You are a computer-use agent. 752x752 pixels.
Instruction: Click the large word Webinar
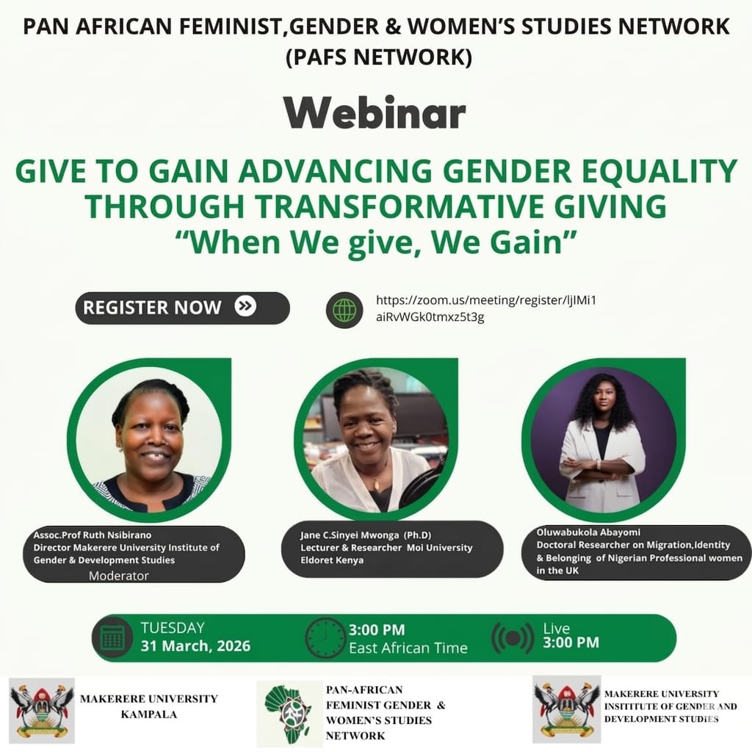pyautogui.click(x=375, y=113)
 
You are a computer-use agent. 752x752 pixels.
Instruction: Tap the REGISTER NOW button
pyautogui.click(x=182, y=308)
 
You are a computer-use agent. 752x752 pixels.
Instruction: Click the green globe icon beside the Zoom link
pyautogui.click(x=344, y=310)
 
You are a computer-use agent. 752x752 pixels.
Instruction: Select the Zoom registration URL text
pyautogui.click(x=491, y=308)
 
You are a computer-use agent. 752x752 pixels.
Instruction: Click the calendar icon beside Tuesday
pyautogui.click(x=112, y=637)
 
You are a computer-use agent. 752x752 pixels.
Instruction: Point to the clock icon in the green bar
pyautogui.click(x=325, y=637)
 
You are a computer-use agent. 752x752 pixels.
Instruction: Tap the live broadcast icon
pyautogui.click(x=512, y=637)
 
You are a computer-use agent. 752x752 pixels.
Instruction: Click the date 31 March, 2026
pyautogui.click(x=195, y=646)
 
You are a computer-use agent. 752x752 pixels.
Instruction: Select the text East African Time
pyautogui.click(x=408, y=648)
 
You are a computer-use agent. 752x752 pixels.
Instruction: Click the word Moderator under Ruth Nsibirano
pyautogui.click(x=118, y=576)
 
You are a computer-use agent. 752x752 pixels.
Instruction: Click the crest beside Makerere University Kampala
pyautogui.click(x=42, y=709)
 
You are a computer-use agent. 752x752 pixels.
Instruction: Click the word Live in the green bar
pyautogui.click(x=557, y=628)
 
